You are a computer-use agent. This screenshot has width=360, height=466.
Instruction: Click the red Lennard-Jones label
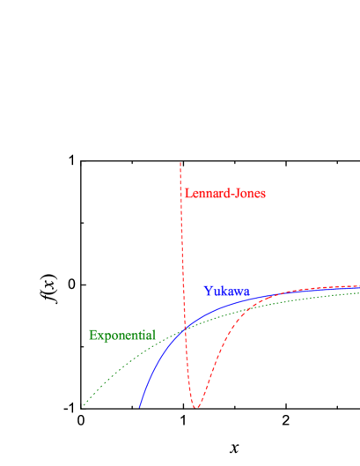(x=224, y=193)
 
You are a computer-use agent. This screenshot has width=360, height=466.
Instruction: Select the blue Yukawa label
(x=226, y=291)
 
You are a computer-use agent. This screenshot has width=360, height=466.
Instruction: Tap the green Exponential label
(x=121, y=335)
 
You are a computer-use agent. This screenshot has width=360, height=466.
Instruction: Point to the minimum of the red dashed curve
(x=195, y=407)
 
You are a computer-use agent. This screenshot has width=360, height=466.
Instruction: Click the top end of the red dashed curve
(x=180, y=162)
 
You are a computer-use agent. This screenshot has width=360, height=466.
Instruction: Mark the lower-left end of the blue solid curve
(x=139, y=407)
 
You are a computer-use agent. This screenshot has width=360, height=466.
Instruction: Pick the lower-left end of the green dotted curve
(x=84, y=407)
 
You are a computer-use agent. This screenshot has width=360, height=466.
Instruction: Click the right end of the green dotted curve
(x=359, y=292)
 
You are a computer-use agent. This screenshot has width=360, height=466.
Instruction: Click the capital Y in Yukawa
(x=208, y=291)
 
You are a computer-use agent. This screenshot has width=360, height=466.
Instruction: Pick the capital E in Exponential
(x=92, y=335)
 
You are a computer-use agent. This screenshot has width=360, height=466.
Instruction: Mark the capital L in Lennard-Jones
(x=187, y=193)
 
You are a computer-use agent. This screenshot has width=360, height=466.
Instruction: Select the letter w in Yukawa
(x=237, y=292)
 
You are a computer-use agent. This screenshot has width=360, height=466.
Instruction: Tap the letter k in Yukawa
(x=222, y=291)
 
